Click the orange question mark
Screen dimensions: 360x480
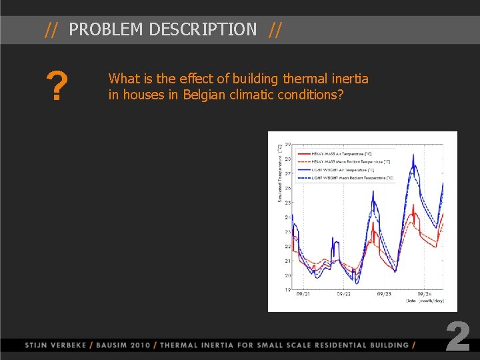click(59, 87)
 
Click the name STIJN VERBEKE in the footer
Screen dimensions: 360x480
click(56, 345)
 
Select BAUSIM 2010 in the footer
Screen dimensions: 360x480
click(123, 345)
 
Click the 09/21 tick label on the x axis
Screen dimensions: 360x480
click(303, 294)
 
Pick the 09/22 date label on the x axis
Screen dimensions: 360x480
click(344, 294)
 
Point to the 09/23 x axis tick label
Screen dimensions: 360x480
click(384, 294)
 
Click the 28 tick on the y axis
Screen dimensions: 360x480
click(287, 159)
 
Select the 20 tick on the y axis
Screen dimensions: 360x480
click(287, 275)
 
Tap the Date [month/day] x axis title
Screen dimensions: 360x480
click(425, 301)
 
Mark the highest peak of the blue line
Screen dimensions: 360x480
click(414, 155)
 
